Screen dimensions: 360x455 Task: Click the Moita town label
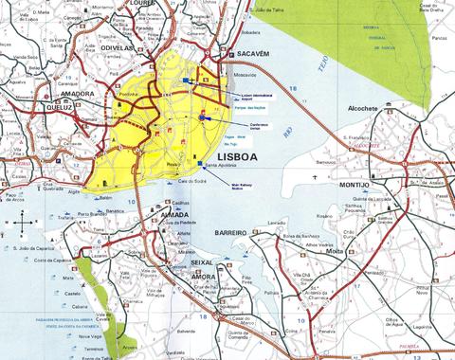335,252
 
